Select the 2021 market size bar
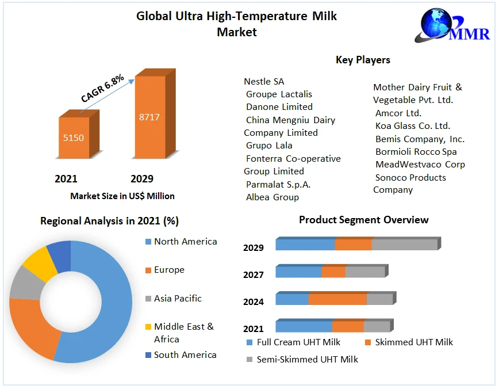click(74, 138)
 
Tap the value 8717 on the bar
click(149, 117)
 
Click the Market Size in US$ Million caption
click(122, 196)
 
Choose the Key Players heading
click(363, 60)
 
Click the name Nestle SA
click(264, 82)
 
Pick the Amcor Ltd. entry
click(398, 113)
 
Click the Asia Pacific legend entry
click(177, 299)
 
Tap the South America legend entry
click(185, 355)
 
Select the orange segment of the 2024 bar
click(337, 299)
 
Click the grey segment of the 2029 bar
click(404, 245)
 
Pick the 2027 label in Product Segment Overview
click(254, 275)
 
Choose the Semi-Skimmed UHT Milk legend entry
click(307, 360)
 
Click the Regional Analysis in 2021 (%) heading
click(109, 221)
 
